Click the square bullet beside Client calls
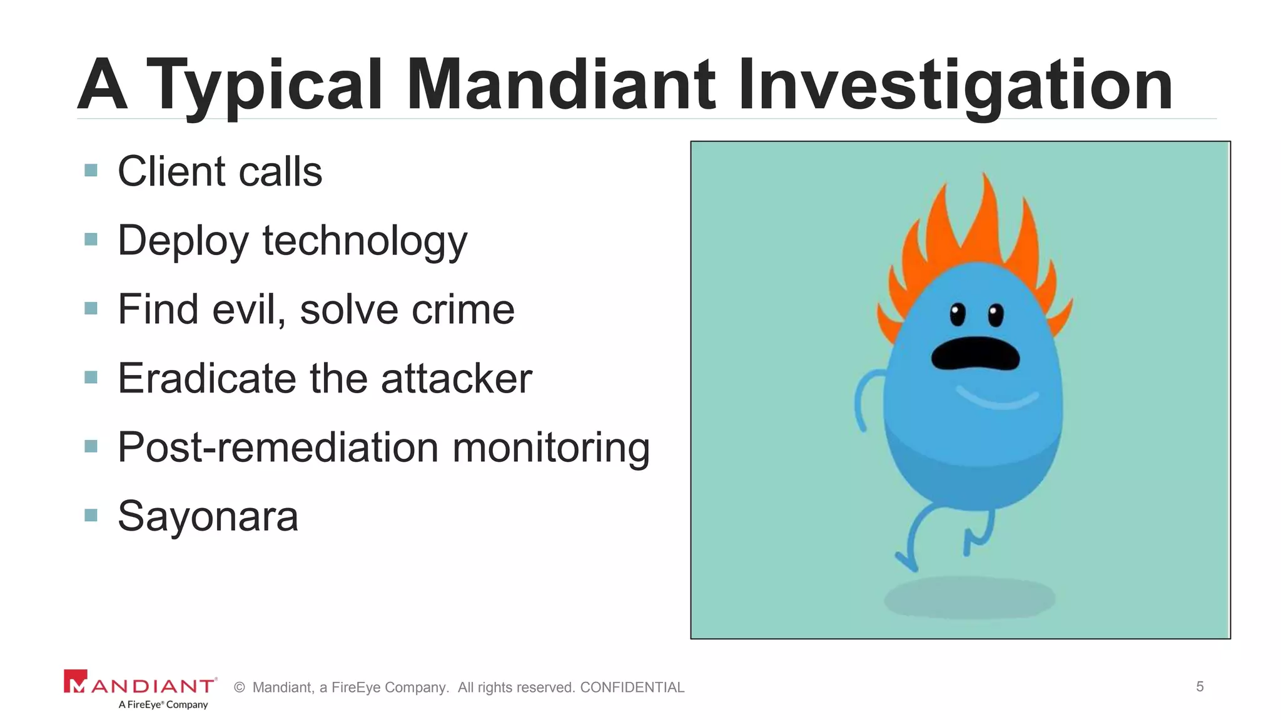click(91, 171)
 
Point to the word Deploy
click(183, 241)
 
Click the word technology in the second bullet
click(365, 241)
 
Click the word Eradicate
click(207, 378)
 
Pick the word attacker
click(457, 378)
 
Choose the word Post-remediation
click(278, 447)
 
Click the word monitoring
click(551, 447)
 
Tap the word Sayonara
click(208, 516)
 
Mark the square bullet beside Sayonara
click(91, 515)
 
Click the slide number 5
click(1200, 686)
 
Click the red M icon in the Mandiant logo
click(75, 681)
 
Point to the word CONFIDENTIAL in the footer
click(632, 687)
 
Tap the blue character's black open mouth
click(975, 354)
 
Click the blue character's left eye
click(957, 314)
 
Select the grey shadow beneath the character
click(969, 598)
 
